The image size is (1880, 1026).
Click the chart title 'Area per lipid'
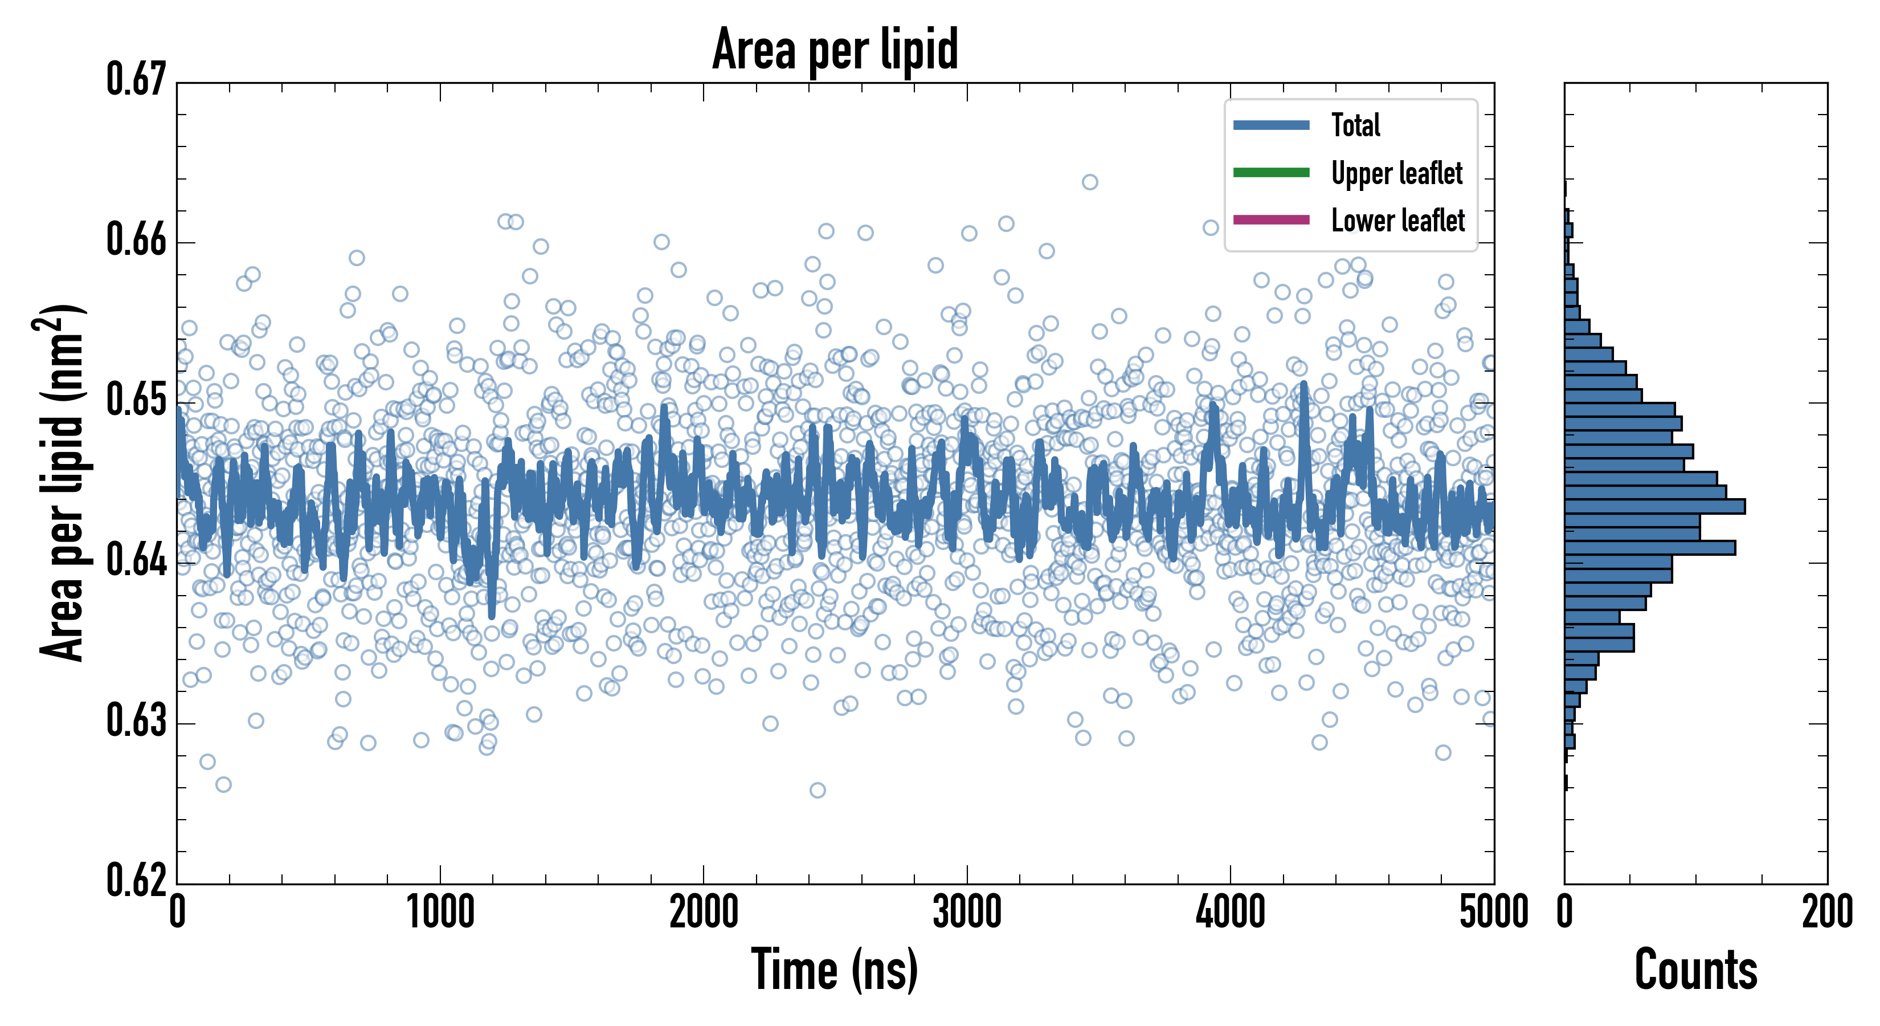[835, 50]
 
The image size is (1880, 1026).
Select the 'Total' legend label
[1355, 125]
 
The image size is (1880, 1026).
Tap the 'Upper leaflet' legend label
[1396, 173]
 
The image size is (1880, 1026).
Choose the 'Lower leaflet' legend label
[1397, 220]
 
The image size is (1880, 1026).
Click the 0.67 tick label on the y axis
[137, 80]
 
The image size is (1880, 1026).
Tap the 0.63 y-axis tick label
[137, 720]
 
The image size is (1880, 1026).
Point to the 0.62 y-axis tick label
[137, 880]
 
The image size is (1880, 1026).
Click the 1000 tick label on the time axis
[440, 913]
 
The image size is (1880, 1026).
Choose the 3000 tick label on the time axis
[967, 913]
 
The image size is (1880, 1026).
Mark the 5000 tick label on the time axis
[1493, 913]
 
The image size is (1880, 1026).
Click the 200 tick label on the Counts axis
[1826, 913]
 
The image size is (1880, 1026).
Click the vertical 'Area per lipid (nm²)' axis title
[62, 483]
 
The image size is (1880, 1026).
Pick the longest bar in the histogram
[1654, 506]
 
